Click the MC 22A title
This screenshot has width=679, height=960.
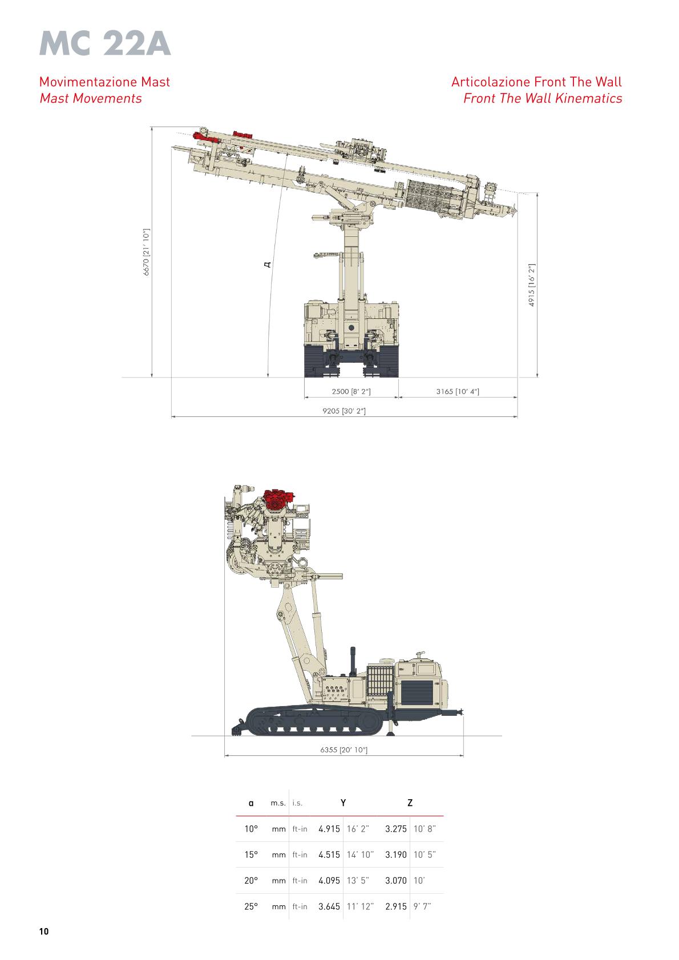105,44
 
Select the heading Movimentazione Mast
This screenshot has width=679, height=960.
104,82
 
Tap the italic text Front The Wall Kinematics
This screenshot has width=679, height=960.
543,99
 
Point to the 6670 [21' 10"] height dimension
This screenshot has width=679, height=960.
146,252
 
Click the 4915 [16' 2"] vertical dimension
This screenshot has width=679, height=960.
532,285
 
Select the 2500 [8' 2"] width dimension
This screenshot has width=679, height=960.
351,391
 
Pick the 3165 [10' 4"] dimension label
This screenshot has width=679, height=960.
458,391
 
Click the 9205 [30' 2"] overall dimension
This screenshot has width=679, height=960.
344,411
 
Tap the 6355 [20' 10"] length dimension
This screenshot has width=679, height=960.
344,750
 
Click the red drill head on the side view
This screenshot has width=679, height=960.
278,499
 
